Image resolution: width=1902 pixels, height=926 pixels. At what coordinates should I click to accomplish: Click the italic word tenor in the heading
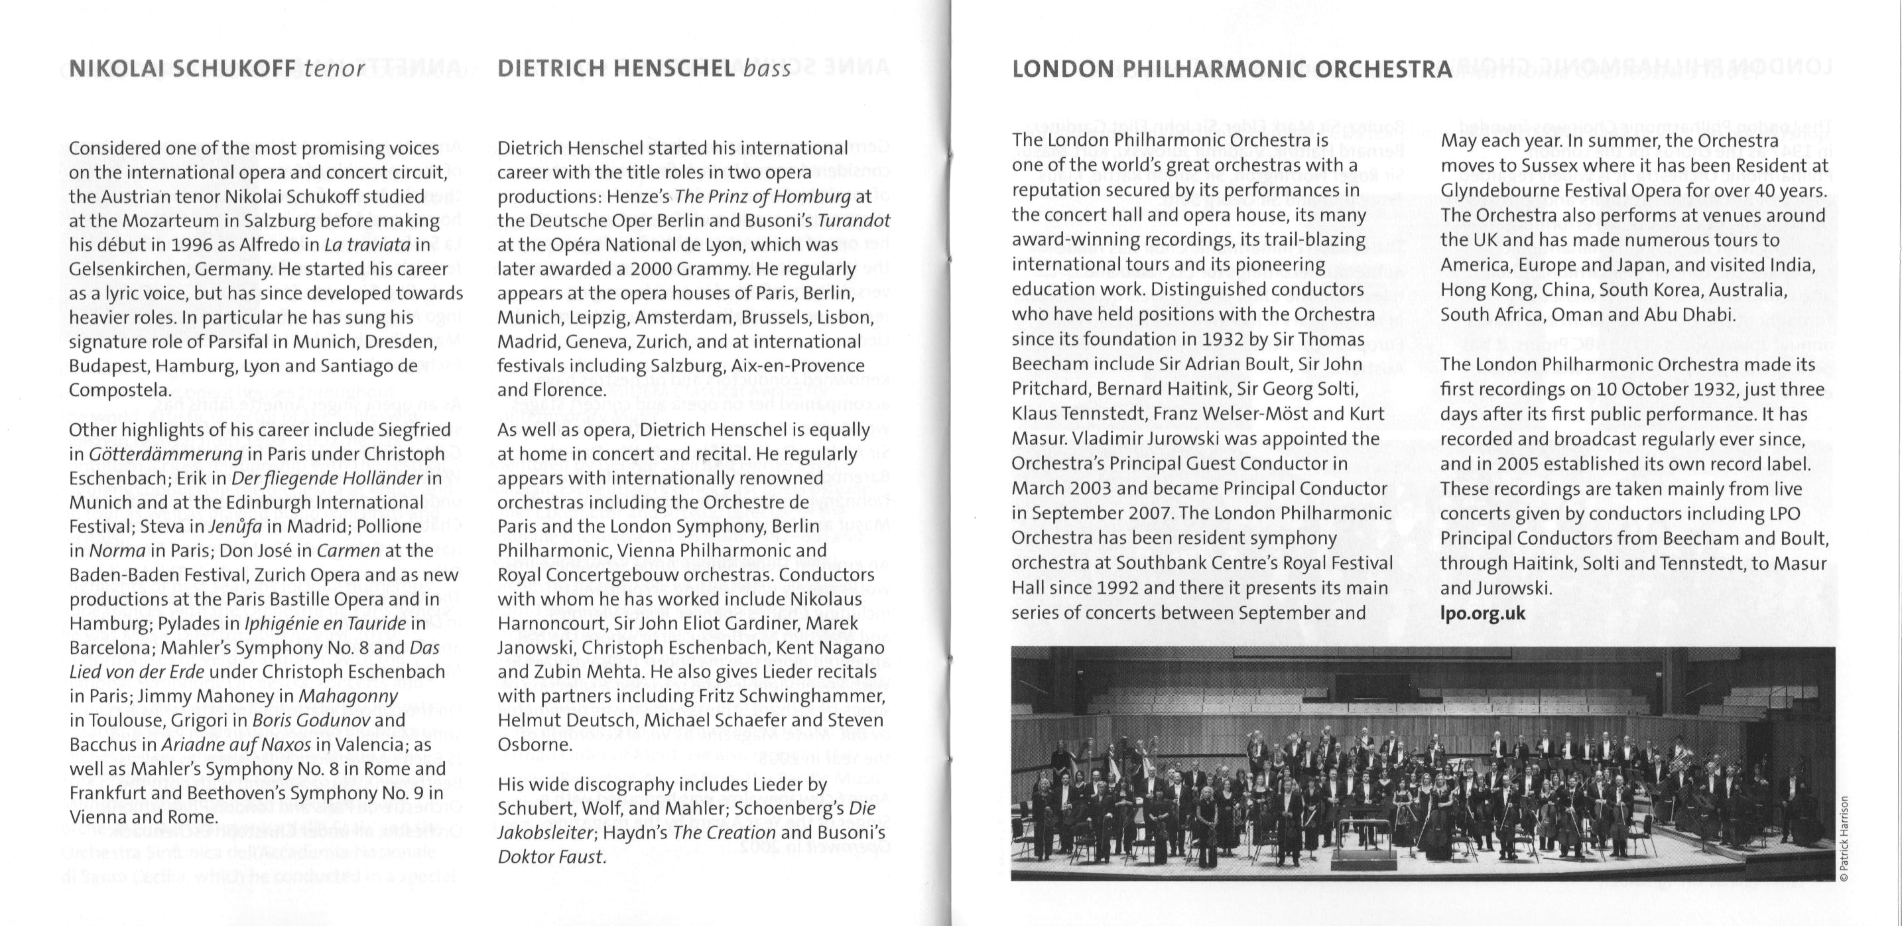pos(334,70)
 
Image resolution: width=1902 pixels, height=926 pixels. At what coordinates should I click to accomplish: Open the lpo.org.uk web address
pos(1483,614)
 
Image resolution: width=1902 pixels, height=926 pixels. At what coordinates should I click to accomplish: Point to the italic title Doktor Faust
pos(552,857)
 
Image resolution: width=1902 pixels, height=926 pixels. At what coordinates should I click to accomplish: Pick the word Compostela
pos(119,391)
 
